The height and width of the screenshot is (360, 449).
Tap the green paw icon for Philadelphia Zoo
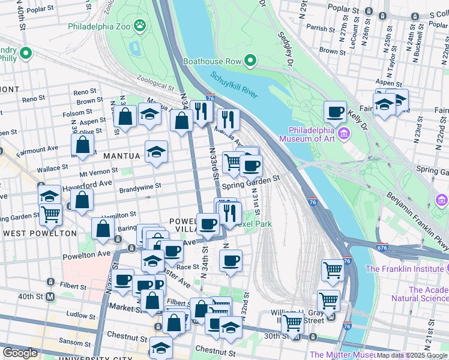[140, 25]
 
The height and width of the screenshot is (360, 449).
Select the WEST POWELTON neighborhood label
[39, 233]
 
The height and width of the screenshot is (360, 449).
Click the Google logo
[20, 353]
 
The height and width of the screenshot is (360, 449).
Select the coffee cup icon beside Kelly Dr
[335, 112]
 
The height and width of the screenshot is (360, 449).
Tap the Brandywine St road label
[140, 187]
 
